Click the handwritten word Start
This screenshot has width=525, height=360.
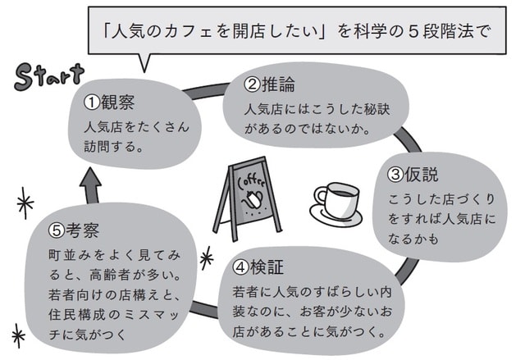(x=48, y=76)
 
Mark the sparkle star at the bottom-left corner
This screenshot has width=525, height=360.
(x=18, y=334)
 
